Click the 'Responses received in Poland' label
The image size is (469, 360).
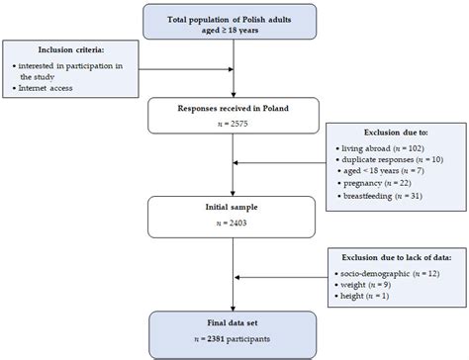tap(235, 108)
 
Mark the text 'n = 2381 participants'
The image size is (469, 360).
tap(235, 339)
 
